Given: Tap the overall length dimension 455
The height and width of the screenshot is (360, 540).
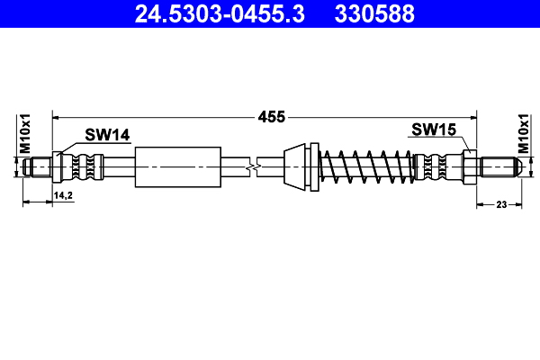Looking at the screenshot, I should [271, 116].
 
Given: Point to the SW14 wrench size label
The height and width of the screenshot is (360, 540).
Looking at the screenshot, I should [108, 135].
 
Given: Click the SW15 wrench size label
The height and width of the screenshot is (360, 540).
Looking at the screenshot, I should [434, 130].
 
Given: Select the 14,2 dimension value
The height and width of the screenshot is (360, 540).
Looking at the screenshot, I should [62, 195].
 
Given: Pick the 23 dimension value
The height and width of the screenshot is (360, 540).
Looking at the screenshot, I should [502, 205].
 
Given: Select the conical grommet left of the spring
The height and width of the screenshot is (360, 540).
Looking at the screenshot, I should [297, 166].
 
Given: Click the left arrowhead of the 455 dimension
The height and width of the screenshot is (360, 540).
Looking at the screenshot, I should [57, 116].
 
